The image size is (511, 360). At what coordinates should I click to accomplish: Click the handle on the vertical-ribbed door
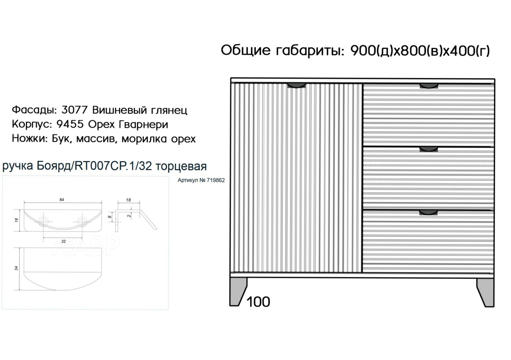pyautogui.click(x=296, y=86)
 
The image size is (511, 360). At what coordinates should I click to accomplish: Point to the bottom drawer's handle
pyautogui.click(x=429, y=213)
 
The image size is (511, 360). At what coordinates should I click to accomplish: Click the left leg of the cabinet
pyautogui.click(x=238, y=292)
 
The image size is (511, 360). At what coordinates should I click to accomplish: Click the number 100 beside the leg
pyautogui.click(x=258, y=302)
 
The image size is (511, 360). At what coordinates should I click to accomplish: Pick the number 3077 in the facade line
pyautogui.click(x=75, y=110)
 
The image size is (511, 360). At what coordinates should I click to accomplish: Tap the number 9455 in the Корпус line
pyautogui.click(x=70, y=124)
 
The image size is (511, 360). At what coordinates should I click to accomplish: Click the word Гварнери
pyautogui.click(x=143, y=125)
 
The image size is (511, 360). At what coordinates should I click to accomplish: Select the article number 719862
pyautogui.click(x=216, y=180)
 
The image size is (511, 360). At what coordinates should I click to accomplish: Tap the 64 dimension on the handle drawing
pyautogui.click(x=62, y=200)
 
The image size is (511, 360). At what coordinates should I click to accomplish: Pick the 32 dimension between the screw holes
pyautogui.click(x=64, y=241)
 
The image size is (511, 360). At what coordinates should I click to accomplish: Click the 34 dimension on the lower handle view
pyautogui.click(x=16, y=268)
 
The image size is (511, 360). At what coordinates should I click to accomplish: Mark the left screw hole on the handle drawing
pyautogui.click(x=43, y=221)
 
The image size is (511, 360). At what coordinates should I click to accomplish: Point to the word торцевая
pyautogui.click(x=181, y=166)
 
